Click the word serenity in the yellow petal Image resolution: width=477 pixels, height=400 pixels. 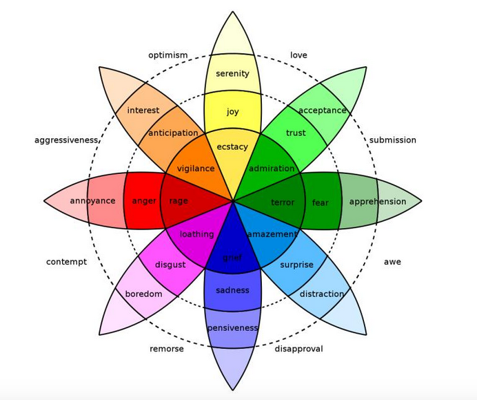[232, 73]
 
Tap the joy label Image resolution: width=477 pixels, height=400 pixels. [232, 112]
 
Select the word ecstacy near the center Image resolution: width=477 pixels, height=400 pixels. [232, 147]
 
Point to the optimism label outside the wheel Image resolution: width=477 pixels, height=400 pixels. [168, 55]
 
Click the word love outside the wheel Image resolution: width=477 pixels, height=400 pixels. [298, 55]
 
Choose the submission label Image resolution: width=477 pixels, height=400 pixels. [393, 140]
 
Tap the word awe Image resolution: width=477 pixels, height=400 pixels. [392, 262]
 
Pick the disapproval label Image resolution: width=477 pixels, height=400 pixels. [298, 349]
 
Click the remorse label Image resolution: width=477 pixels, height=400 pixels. [167, 349]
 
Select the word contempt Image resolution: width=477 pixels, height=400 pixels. [66, 262]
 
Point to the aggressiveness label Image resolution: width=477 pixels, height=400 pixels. [66, 140]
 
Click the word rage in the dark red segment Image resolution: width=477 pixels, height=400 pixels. [179, 201]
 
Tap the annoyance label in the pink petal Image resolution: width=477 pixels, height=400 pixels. [93, 201]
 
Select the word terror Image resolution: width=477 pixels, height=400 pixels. [283, 202]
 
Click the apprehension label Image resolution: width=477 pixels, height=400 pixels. [378, 202]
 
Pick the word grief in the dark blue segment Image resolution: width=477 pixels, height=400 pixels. [232, 258]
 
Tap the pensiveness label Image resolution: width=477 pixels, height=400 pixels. [233, 328]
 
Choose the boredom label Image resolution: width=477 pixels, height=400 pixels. [143, 294]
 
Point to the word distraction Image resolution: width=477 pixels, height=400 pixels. [322, 294]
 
